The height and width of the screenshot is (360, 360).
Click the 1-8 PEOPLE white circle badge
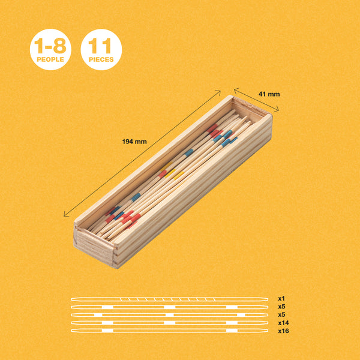pyautogui.click(x=50, y=49)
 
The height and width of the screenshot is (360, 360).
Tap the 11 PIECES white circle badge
pyautogui.click(x=101, y=49)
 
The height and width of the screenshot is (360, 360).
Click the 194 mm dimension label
pyautogui.click(x=134, y=142)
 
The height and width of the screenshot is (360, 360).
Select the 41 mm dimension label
pyautogui.click(x=269, y=94)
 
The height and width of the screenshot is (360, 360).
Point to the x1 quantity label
pyautogui.click(x=281, y=298)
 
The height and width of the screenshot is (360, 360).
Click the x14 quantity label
pyautogui.click(x=283, y=323)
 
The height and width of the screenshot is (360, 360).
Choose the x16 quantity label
pyautogui.click(x=283, y=331)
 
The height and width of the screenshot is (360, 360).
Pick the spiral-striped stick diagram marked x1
pyautogui.click(x=170, y=299)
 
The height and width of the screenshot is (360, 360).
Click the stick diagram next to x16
pyautogui.click(x=170, y=331)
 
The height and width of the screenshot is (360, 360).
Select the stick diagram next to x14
pyautogui.click(x=170, y=323)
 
